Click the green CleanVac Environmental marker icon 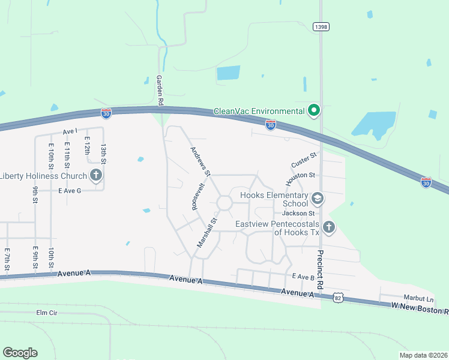point(313,110)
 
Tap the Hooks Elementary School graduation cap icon point(318,198)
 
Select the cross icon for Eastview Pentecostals point(328,227)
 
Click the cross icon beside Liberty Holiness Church point(95,175)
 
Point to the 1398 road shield point(321,26)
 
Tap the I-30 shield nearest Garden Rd point(106,113)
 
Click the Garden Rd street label point(160,91)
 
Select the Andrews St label point(200,161)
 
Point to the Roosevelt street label point(197,196)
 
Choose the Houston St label point(300,176)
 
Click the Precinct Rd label point(321,266)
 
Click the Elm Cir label point(46,313)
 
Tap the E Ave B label point(303,277)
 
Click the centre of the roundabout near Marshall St point(224,203)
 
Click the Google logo point(20,353)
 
